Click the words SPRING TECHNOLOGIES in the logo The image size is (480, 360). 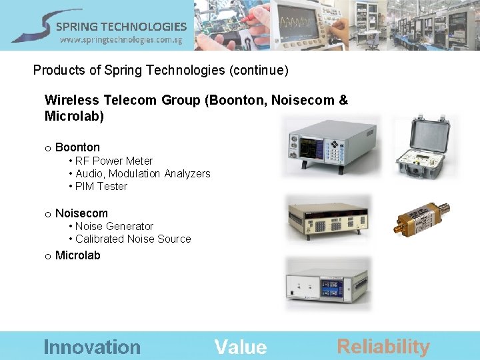121,27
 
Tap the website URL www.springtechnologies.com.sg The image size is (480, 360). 121,40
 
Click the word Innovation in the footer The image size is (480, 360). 92,347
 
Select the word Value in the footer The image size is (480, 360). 241,347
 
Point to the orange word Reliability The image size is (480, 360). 383,346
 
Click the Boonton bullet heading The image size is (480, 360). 77,147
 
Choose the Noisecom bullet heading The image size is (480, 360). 81,213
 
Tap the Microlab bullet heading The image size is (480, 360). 77,255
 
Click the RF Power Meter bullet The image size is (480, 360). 113,161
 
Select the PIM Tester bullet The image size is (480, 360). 101,186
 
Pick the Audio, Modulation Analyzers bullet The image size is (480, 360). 143,173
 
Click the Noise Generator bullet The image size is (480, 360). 114,226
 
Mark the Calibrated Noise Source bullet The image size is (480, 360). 133,239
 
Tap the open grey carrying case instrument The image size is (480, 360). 421,148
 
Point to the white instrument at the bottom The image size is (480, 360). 327,285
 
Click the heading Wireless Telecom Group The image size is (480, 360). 124,101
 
